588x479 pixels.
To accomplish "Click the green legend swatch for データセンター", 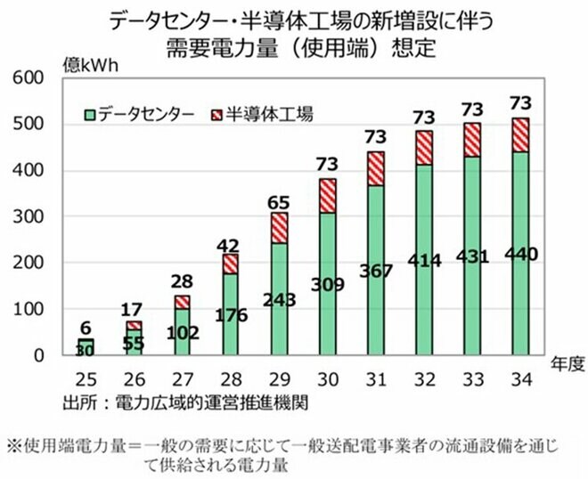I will (x=90, y=114).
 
